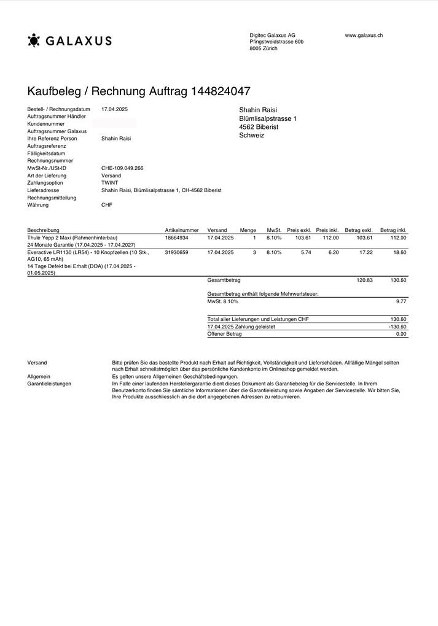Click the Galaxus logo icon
pos(34,41)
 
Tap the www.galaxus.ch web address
pos(364,36)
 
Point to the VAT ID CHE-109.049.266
pos(122,168)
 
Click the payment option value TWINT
pos(109,183)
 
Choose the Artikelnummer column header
pos(182,230)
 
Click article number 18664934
pos(177,238)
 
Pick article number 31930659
pos(177,252)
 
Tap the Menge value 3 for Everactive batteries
pos(254,252)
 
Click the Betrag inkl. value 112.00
pos(398,238)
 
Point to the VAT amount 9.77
pos(401,302)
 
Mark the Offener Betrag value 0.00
pos(401,334)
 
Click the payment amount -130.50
pos(397,327)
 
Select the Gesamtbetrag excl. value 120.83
pos(365,280)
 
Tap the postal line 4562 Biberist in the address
pos(259,127)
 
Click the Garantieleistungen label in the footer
pos(49,384)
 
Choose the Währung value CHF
pos(107,205)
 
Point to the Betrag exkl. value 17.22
pos(366,252)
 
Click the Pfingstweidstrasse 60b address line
pos(276,42)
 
